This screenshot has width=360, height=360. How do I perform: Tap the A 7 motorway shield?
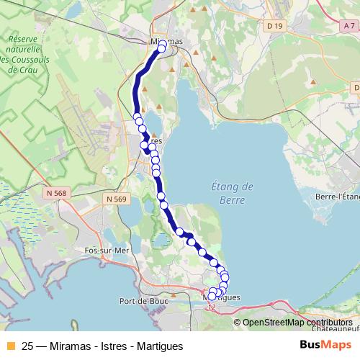click(x=351, y=27)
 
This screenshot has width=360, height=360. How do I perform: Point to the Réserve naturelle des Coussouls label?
click(x=23, y=54)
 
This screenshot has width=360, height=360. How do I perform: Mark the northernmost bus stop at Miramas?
click(x=163, y=45)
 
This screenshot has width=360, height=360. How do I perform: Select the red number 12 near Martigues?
click(x=210, y=307)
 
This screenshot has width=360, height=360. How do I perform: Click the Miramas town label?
click(x=166, y=42)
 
